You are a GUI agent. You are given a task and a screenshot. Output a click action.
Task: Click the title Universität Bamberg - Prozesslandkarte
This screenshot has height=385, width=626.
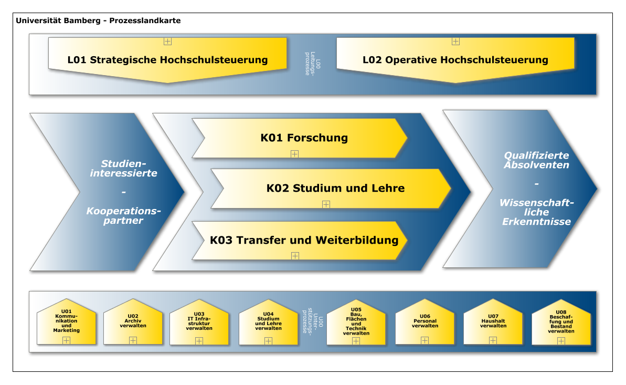click(98, 20)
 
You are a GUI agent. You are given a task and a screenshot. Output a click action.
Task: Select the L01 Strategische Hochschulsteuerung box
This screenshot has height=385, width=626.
click(168, 60)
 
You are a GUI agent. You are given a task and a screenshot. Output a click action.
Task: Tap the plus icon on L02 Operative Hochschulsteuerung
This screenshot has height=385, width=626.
click(455, 41)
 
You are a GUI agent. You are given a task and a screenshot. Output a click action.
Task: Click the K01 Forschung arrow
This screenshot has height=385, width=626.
click(300, 138)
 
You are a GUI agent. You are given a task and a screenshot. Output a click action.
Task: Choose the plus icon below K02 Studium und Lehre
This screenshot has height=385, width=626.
click(326, 204)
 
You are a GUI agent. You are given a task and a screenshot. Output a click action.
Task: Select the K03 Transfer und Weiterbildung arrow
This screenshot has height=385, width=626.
click(300, 241)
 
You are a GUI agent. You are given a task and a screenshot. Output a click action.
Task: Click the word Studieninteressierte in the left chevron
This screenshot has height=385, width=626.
click(123, 168)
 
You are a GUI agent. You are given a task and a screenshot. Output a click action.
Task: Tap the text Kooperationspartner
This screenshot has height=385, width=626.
click(123, 215)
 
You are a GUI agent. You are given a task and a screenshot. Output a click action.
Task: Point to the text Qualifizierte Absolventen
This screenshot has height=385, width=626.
click(537, 160)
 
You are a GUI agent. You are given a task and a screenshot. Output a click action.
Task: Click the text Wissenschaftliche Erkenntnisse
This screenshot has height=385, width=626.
click(537, 212)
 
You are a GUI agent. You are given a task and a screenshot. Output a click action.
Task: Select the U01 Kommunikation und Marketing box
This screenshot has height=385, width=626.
click(67, 321)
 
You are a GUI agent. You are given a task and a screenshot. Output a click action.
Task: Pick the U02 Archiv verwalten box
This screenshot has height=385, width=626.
click(133, 321)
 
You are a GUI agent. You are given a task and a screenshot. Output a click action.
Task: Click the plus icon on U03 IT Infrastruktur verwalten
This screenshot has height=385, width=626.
click(199, 341)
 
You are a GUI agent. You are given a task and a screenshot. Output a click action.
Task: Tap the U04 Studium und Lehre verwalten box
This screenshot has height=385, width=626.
click(268, 322)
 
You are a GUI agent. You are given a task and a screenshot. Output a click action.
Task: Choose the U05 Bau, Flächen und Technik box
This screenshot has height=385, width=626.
click(356, 322)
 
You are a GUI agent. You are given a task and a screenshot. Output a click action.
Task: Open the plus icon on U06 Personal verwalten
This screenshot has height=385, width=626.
click(425, 340)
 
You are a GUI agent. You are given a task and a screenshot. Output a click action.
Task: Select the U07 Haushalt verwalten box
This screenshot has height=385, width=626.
click(493, 321)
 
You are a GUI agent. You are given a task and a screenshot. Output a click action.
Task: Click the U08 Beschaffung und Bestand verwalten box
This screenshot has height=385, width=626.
click(561, 322)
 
